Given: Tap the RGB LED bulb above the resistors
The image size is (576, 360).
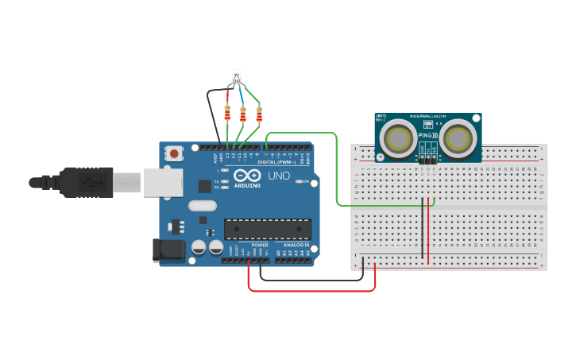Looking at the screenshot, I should click(236, 77).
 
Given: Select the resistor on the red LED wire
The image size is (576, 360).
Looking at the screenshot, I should click(229, 114).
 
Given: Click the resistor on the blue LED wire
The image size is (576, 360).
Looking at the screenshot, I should click(243, 114).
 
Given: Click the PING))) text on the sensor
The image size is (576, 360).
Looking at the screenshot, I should click(427, 136).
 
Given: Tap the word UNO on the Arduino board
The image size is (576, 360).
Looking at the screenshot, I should click(277, 176).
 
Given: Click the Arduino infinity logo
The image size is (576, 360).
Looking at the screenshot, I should click(246, 176).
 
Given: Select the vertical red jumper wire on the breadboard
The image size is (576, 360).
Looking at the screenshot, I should click(428, 230).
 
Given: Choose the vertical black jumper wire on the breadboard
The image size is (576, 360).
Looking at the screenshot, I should click(422, 230).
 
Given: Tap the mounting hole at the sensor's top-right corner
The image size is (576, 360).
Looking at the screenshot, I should click(475, 118).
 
